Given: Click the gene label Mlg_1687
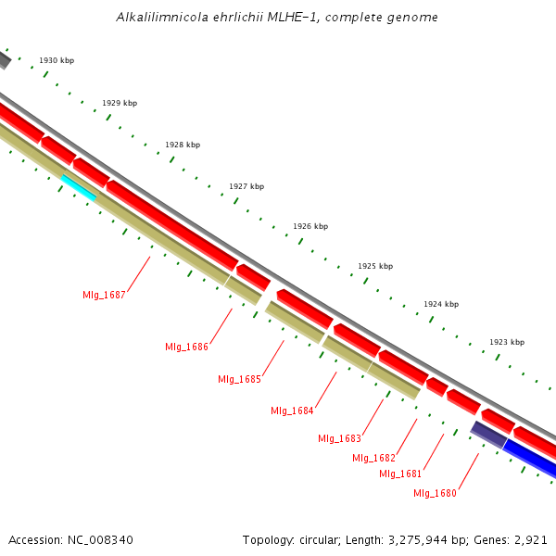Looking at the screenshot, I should (104, 295).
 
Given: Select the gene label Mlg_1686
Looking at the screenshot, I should (186, 347).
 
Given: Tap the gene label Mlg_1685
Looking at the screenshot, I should (239, 379).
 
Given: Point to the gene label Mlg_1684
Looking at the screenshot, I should (292, 411).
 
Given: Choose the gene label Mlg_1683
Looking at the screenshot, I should (339, 438).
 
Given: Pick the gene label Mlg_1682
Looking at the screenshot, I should (373, 458).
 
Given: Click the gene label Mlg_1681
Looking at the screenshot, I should (400, 474).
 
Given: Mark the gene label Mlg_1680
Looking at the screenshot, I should (435, 493).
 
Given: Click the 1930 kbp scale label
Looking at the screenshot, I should (57, 60).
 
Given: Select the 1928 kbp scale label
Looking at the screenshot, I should (183, 145).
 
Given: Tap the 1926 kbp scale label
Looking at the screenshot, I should (310, 226).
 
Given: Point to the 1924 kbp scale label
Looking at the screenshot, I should (441, 304).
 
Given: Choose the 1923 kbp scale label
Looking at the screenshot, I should (507, 342).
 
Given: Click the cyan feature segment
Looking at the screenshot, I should (79, 186).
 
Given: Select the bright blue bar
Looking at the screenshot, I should (530, 460).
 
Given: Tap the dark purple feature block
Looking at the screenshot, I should (488, 433).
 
